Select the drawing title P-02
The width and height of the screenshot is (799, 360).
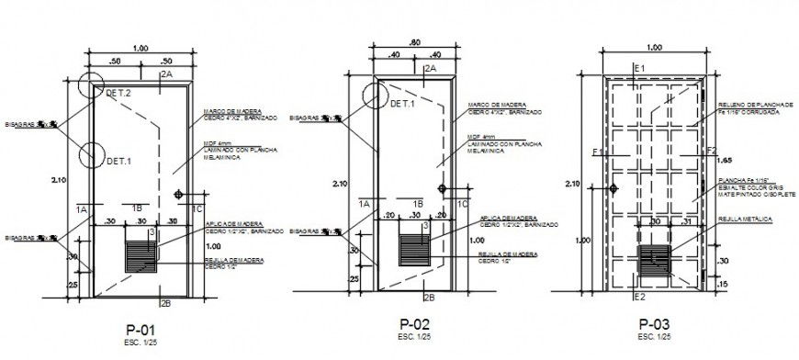pyautogui.click(x=415, y=324)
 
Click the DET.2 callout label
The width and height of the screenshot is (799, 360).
pyautogui.click(x=118, y=94)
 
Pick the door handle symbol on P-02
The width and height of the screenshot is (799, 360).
pyautogui.click(x=444, y=189)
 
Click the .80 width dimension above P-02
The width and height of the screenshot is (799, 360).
pyautogui.click(x=415, y=42)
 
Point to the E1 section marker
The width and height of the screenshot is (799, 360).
pyautogui.click(x=640, y=69)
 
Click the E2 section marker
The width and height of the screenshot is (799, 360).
pyautogui.click(x=640, y=298)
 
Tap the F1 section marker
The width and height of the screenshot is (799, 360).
pyautogui.click(x=597, y=152)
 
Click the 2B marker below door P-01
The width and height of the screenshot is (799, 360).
pyautogui.click(x=165, y=302)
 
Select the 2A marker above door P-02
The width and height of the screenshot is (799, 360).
pyautogui.click(x=430, y=68)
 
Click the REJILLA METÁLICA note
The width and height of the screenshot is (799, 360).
pyautogui.click(x=744, y=220)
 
